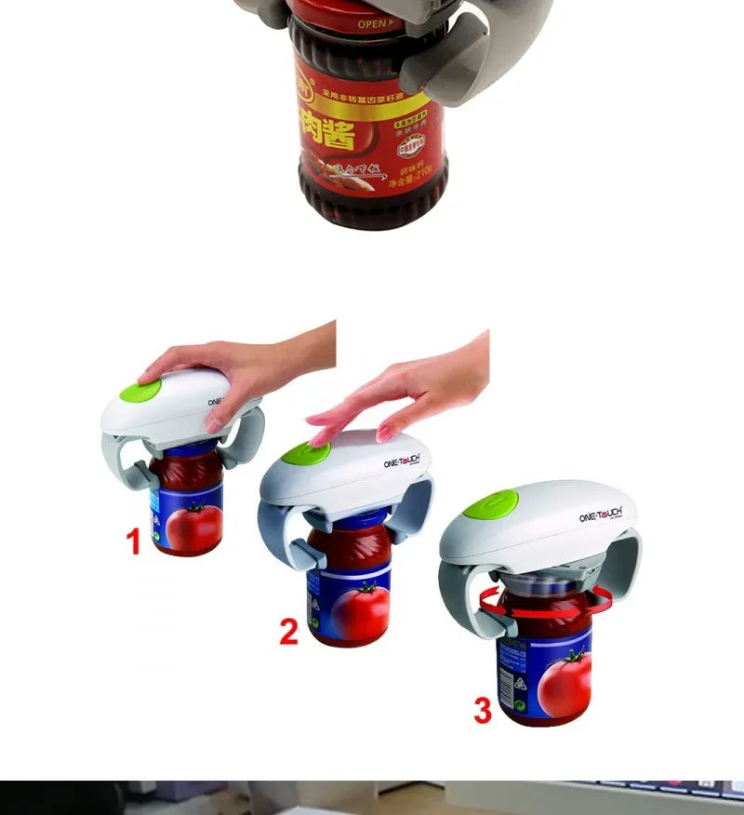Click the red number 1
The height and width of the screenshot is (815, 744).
134,541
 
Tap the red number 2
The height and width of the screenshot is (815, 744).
289,631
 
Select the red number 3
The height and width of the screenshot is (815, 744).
482,710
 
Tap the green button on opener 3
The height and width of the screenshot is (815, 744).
490,503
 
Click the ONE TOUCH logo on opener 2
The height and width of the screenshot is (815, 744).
402,460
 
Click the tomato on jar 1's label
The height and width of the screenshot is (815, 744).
196,524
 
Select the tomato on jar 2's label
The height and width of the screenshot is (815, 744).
361,610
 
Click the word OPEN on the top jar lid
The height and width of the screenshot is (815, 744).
375,23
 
